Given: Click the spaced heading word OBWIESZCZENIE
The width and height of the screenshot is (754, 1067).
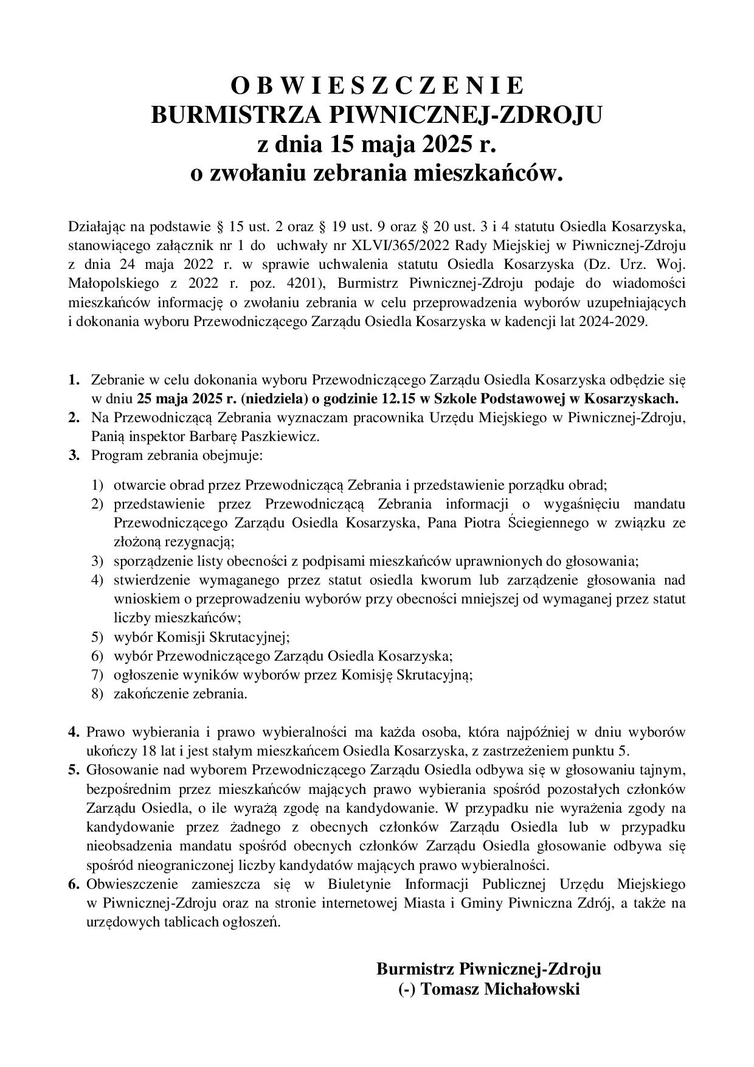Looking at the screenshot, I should point(377,86).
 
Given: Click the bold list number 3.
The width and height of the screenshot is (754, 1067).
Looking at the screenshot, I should point(74,455).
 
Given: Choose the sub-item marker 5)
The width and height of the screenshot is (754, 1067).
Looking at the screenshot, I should point(98,637).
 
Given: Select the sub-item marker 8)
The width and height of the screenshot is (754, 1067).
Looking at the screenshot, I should point(98,693).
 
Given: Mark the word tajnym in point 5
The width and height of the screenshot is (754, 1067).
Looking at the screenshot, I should point(666,770).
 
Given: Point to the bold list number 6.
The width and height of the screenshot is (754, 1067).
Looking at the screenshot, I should point(74,884).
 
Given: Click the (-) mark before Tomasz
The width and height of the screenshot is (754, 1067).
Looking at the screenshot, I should point(407,989).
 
